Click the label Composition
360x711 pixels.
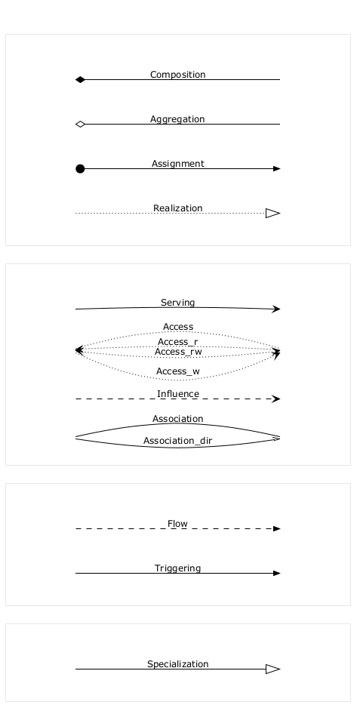[177, 75]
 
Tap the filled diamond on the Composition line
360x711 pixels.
[80, 80]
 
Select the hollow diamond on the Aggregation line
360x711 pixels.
[80, 125]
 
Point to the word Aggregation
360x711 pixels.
[177, 119]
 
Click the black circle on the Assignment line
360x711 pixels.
[80, 168]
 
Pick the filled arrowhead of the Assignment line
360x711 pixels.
[277, 168]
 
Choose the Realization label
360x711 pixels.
[177, 208]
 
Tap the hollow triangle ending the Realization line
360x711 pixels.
[273, 213]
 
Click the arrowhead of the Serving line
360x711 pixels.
[276, 309]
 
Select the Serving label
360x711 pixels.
[177, 303]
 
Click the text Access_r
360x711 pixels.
[177, 342]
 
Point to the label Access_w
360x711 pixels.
[177, 371]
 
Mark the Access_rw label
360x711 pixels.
[178, 352]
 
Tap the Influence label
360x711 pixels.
[177, 394]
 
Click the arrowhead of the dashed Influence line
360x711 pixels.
[276, 399]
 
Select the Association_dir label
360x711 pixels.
[177, 441]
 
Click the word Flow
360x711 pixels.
[177, 524]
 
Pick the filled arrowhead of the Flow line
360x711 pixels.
[277, 528]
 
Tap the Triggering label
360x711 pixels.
[177, 568]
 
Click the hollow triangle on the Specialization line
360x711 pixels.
[273, 669]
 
